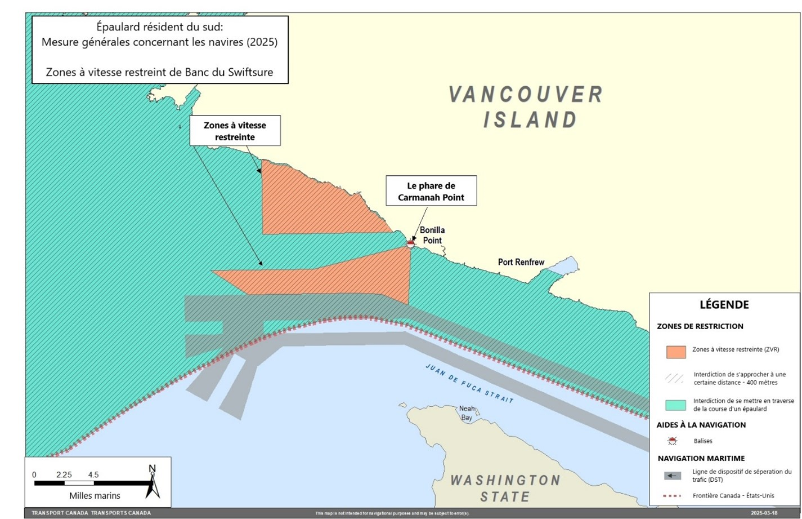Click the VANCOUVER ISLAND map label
pos(526,107)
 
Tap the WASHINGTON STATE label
pos(505,488)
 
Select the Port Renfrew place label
pos(521,262)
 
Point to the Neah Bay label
pos(467,413)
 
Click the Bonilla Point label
pos(432,235)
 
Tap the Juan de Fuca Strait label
pos(469,384)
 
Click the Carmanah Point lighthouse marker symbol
pos(410,243)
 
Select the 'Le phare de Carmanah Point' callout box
pos(431,191)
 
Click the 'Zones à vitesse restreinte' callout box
pos(235,131)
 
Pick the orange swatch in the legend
pos(676,352)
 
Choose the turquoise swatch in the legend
pos(676,405)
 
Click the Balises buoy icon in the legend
pos(672,441)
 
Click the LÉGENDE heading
pos(724,305)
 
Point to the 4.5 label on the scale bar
pos(93,474)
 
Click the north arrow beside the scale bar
pos(152,482)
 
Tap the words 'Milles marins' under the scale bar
pos(95,496)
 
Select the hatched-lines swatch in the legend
pos(676,379)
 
